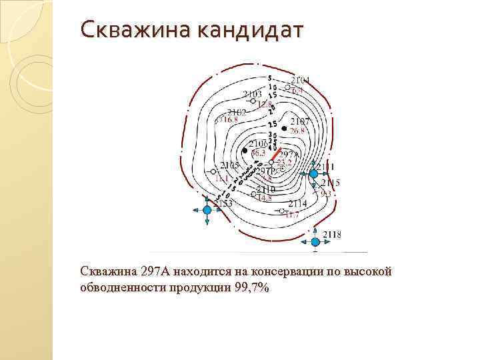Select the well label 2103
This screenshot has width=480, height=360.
tap(252, 94)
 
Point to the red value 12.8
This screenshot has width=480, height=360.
tap(265, 104)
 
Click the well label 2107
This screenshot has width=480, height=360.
tap(300, 121)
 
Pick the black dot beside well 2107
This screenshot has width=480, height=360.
tap(285, 127)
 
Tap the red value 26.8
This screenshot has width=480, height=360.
tap(297, 131)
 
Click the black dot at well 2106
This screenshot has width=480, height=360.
tap(245, 151)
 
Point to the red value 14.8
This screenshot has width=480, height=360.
tap(265, 198)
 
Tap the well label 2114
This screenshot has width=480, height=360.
tap(297, 203)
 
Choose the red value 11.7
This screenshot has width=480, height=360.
tap(292, 215)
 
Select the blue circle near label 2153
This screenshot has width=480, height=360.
tap(207, 209)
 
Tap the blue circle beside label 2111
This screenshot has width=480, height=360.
tap(313, 173)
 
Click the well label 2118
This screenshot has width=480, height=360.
tap(332, 234)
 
